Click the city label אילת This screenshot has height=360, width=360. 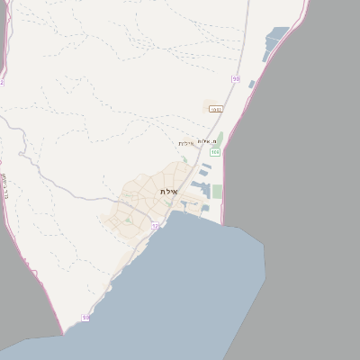coord(168,192)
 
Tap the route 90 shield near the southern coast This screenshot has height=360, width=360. coord(85,318)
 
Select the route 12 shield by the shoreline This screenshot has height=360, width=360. coord(155,226)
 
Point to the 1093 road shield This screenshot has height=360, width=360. coord(215,109)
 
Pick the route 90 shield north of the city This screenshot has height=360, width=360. coord(236,79)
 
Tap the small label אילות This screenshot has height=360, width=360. coord(185,144)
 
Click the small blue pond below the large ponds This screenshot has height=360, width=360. coord(252,85)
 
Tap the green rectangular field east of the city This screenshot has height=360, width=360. coord(217,192)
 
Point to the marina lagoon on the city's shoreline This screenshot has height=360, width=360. coord(192,205)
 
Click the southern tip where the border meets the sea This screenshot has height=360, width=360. coord(64,334)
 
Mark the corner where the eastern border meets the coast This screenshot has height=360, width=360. coord(222,224)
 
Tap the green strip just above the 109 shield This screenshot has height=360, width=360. coord(220,139)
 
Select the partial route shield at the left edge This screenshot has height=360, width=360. coord(2,82)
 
